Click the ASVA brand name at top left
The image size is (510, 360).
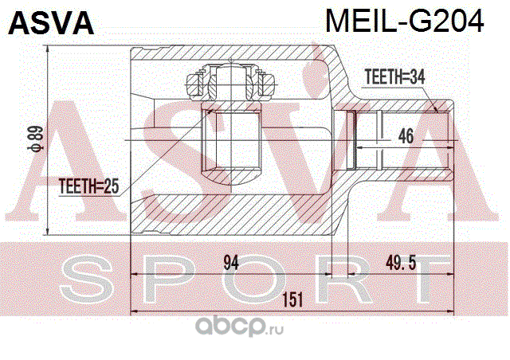[x=51, y=23]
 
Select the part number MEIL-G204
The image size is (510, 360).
[x=402, y=22]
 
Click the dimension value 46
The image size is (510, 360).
[x=406, y=136]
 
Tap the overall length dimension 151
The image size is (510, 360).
[x=293, y=299]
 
